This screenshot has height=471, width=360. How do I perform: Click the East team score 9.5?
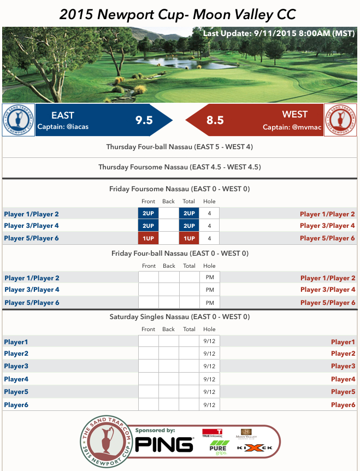(144, 120)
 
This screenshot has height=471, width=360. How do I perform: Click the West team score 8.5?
(215, 120)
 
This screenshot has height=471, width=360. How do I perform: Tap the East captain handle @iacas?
(63, 127)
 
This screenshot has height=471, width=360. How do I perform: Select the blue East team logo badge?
(19, 120)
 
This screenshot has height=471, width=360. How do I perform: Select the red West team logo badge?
(340, 120)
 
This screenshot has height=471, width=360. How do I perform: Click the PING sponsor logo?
(164, 444)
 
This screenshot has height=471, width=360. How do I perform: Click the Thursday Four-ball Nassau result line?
(180, 147)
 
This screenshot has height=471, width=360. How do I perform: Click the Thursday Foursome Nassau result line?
(180, 167)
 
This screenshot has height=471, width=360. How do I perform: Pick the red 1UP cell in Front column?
(149, 238)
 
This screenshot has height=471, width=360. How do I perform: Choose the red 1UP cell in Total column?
(189, 238)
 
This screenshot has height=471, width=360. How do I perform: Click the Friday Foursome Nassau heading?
(180, 189)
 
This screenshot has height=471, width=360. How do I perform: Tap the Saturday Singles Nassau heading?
(180, 317)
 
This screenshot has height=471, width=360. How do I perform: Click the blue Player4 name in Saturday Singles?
(16, 379)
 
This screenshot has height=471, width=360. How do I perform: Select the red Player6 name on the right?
(343, 405)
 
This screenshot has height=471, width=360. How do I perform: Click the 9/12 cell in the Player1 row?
(209, 342)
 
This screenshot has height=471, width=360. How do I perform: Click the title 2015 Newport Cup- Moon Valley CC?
(180, 14)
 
